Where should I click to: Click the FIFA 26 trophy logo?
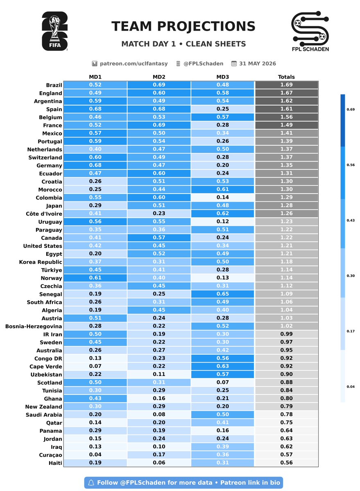(54, 31)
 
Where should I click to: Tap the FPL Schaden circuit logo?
(310, 31)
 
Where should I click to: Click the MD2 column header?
(159, 77)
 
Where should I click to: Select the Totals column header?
(286, 77)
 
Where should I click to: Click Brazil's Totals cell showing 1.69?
(286, 85)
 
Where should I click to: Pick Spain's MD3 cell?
(222, 109)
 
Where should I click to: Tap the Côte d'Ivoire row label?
(44, 214)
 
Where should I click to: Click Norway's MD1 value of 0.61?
(95, 278)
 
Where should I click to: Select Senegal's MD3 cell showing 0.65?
(222, 294)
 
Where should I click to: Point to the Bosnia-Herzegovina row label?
(34, 327)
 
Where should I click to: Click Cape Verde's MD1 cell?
(95, 366)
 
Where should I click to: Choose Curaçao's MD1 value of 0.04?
(95, 455)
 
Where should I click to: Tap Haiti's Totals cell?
(286, 463)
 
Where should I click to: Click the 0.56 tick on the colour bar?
(350, 165)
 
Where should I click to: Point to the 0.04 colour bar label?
(350, 387)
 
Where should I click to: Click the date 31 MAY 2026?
(257, 63)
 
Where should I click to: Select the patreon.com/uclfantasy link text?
(134, 63)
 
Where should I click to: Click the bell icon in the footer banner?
(91, 482)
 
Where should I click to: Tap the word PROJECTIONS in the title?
(206, 26)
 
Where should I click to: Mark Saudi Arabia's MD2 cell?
(159, 414)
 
